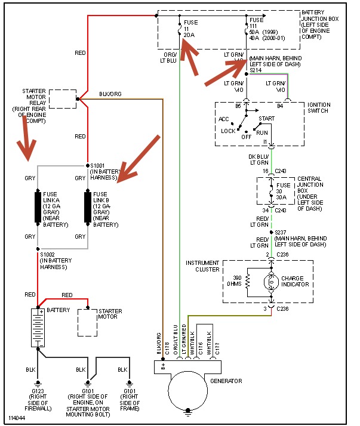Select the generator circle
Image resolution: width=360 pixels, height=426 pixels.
click(x=189, y=390)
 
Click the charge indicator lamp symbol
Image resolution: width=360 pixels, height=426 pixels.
click(x=272, y=284)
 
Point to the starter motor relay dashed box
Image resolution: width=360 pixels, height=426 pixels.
click(x=62, y=98)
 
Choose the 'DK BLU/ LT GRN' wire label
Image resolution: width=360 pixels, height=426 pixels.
click(x=259, y=159)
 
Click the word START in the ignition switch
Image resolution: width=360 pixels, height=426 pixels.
click(x=267, y=119)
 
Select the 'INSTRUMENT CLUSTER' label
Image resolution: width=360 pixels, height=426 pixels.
click(x=203, y=266)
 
